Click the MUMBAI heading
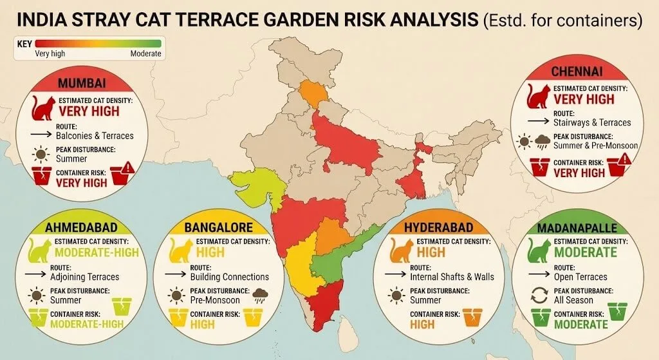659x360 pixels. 81,84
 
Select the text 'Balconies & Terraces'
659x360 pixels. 95,135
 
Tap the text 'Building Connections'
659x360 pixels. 230,276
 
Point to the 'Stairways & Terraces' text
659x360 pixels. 592,122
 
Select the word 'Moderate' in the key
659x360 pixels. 145,53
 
